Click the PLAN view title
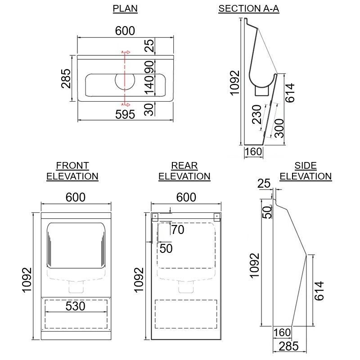pyautogui.click(x=125, y=9)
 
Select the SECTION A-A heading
pyautogui.click(x=248, y=9)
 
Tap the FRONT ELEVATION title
pyautogui.click(x=72, y=171)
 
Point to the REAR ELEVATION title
pyautogui.click(x=184, y=171)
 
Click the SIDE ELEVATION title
pyautogui.click(x=306, y=171)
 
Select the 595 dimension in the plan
pyautogui.click(x=125, y=114)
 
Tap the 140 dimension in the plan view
pyautogui.click(x=149, y=85)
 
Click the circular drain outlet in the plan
pyautogui.click(x=125, y=80)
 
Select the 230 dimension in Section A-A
pyautogui.click(x=257, y=115)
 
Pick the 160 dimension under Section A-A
pyautogui.click(x=253, y=152)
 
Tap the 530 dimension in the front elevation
pyautogui.click(x=75, y=306)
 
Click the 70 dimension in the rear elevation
pyautogui.click(x=178, y=230)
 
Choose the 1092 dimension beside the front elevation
pyautogui.click(x=27, y=280)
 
